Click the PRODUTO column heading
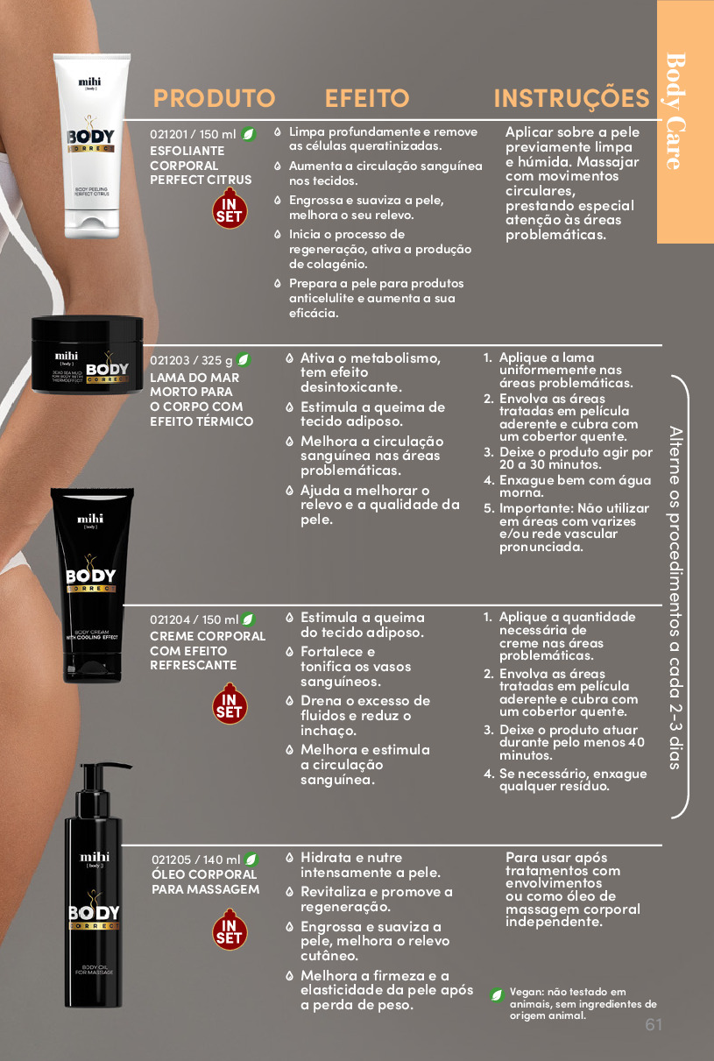[x=214, y=98]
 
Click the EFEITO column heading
[x=367, y=98]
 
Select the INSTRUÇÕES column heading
[x=571, y=97]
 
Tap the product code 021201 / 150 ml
[x=193, y=135]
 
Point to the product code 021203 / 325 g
[x=191, y=360]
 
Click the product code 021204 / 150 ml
[x=194, y=619]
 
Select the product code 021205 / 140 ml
[x=196, y=859]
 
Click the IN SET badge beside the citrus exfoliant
[x=230, y=209]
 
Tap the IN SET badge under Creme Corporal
[x=230, y=704]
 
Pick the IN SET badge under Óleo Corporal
[x=230, y=930]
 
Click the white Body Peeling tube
[x=91, y=146]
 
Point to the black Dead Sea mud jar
[x=88, y=355]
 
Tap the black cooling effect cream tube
[x=92, y=585]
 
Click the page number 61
[x=654, y=1024]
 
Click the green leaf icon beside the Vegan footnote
[x=497, y=994]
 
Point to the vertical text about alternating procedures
[x=675, y=598]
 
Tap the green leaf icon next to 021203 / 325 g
[x=243, y=360]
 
